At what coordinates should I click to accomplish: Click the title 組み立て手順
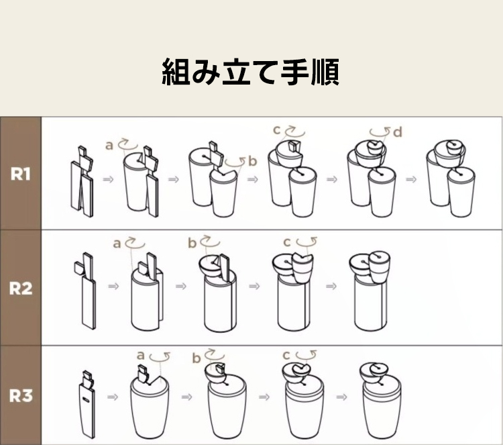pyautogui.click(x=250, y=72)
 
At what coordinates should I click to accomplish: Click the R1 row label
pyautogui.click(x=21, y=174)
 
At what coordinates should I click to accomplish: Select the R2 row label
pyautogui.click(x=21, y=288)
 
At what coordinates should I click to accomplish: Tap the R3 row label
pyautogui.click(x=21, y=395)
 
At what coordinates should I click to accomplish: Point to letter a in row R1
pyautogui.click(x=109, y=146)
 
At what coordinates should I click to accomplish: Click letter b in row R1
pyautogui.click(x=253, y=161)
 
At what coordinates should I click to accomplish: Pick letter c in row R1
pyautogui.click(x=277, y=130)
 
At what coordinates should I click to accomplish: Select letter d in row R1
pyautogui.click(x=398, y=132)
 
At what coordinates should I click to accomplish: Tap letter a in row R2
pyautogui.click(x=117, y=244)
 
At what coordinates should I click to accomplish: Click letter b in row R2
pyautogui.click(x=192, y=243)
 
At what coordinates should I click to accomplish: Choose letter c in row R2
pyautogui.click(x=287, y=242)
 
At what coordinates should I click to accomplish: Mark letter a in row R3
pyautogui.click(x=141, y=356)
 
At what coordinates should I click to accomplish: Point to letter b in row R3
pyautogui.click(x=197, y=358)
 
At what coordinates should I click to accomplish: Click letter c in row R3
pyautogui.click(x=286, y=356)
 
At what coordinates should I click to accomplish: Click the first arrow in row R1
pyautogui.click(x=109, y=179)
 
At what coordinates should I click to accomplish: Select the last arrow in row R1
pyautogui.click(x=411, y=179)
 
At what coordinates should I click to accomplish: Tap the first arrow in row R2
pyautogui.click(x=113, y=286)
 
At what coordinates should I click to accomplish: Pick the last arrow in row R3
pyautogui.click(x=341, y=397)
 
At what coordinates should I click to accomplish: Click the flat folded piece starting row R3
pyautogui.click(x=87, y=405)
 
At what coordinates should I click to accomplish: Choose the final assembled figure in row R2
pyautogui.click(x=370, y=291)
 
